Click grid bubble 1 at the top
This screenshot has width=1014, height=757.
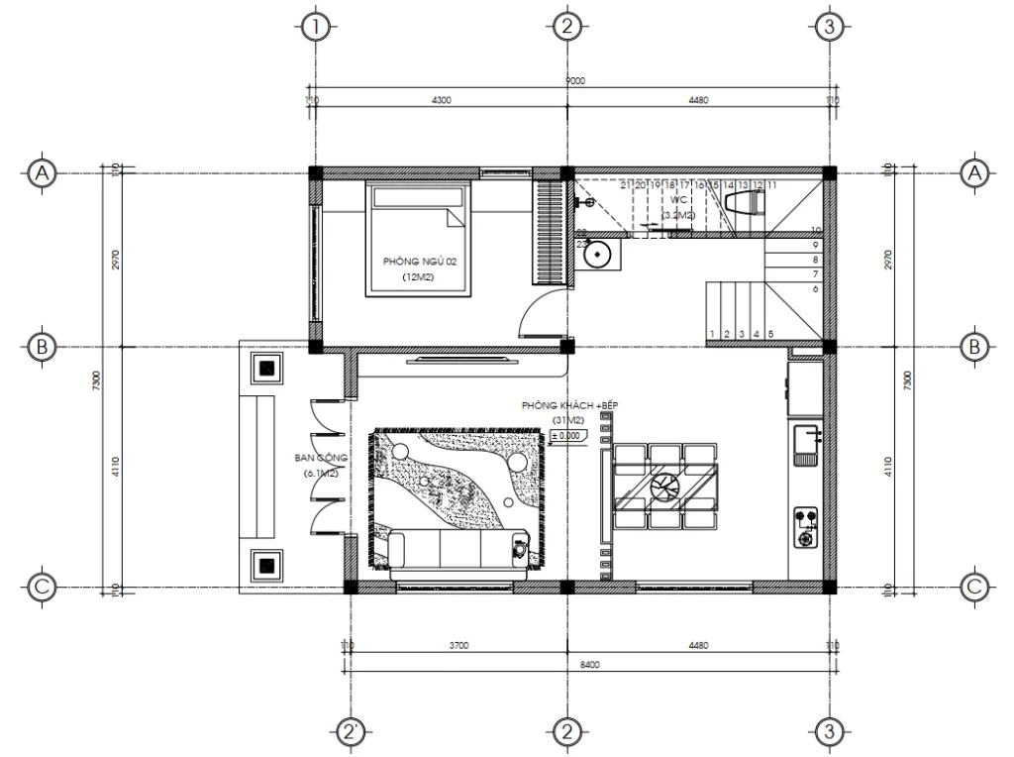[315, 26]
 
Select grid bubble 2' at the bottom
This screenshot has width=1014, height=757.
[352, 732]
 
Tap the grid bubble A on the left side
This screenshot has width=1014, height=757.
[42, 173]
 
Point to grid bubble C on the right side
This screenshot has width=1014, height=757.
[974, 588]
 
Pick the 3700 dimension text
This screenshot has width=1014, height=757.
[457, 646]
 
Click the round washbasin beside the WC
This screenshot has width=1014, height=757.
[597, 254]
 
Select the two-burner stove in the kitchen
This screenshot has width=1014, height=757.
[807, 526]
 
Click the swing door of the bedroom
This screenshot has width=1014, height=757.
[535, 317]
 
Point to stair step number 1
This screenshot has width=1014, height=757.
[712, 334]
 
